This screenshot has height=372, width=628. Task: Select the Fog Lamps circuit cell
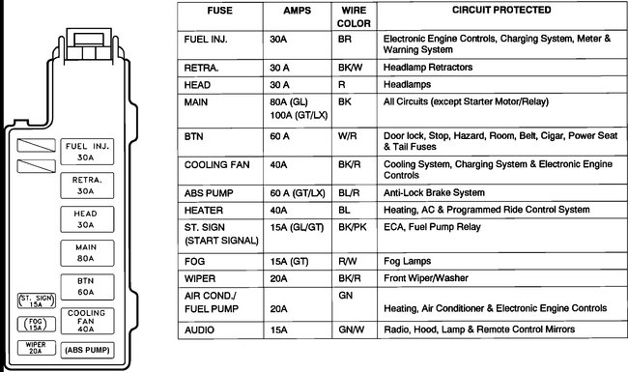pyautogui.click(x=409, y=260)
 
